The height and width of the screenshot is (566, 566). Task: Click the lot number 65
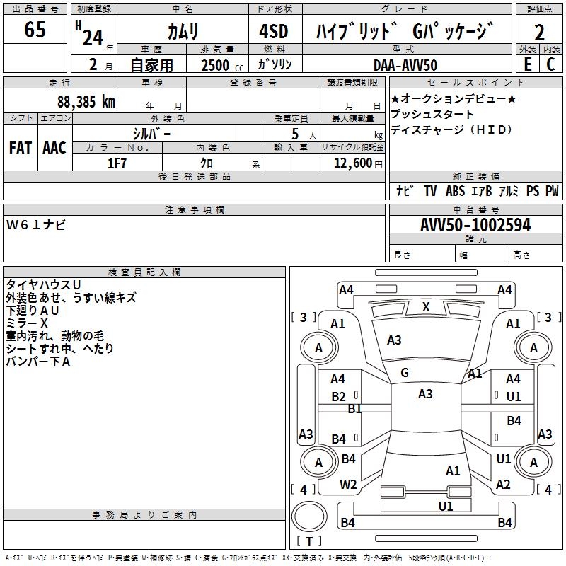35,30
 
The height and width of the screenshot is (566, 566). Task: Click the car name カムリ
183,31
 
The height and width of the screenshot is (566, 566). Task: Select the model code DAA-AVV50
405,64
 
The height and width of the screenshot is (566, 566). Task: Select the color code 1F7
117,162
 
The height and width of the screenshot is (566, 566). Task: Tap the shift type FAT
20,148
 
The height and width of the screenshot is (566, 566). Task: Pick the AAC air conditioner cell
54,148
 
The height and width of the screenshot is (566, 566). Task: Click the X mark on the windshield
426,307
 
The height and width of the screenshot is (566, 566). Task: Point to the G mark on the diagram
405,373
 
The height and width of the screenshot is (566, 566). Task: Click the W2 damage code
348,485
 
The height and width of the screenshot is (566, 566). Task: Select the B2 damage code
339,397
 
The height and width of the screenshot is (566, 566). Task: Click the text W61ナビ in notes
37,224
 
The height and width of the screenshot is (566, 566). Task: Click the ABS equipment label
456,191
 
